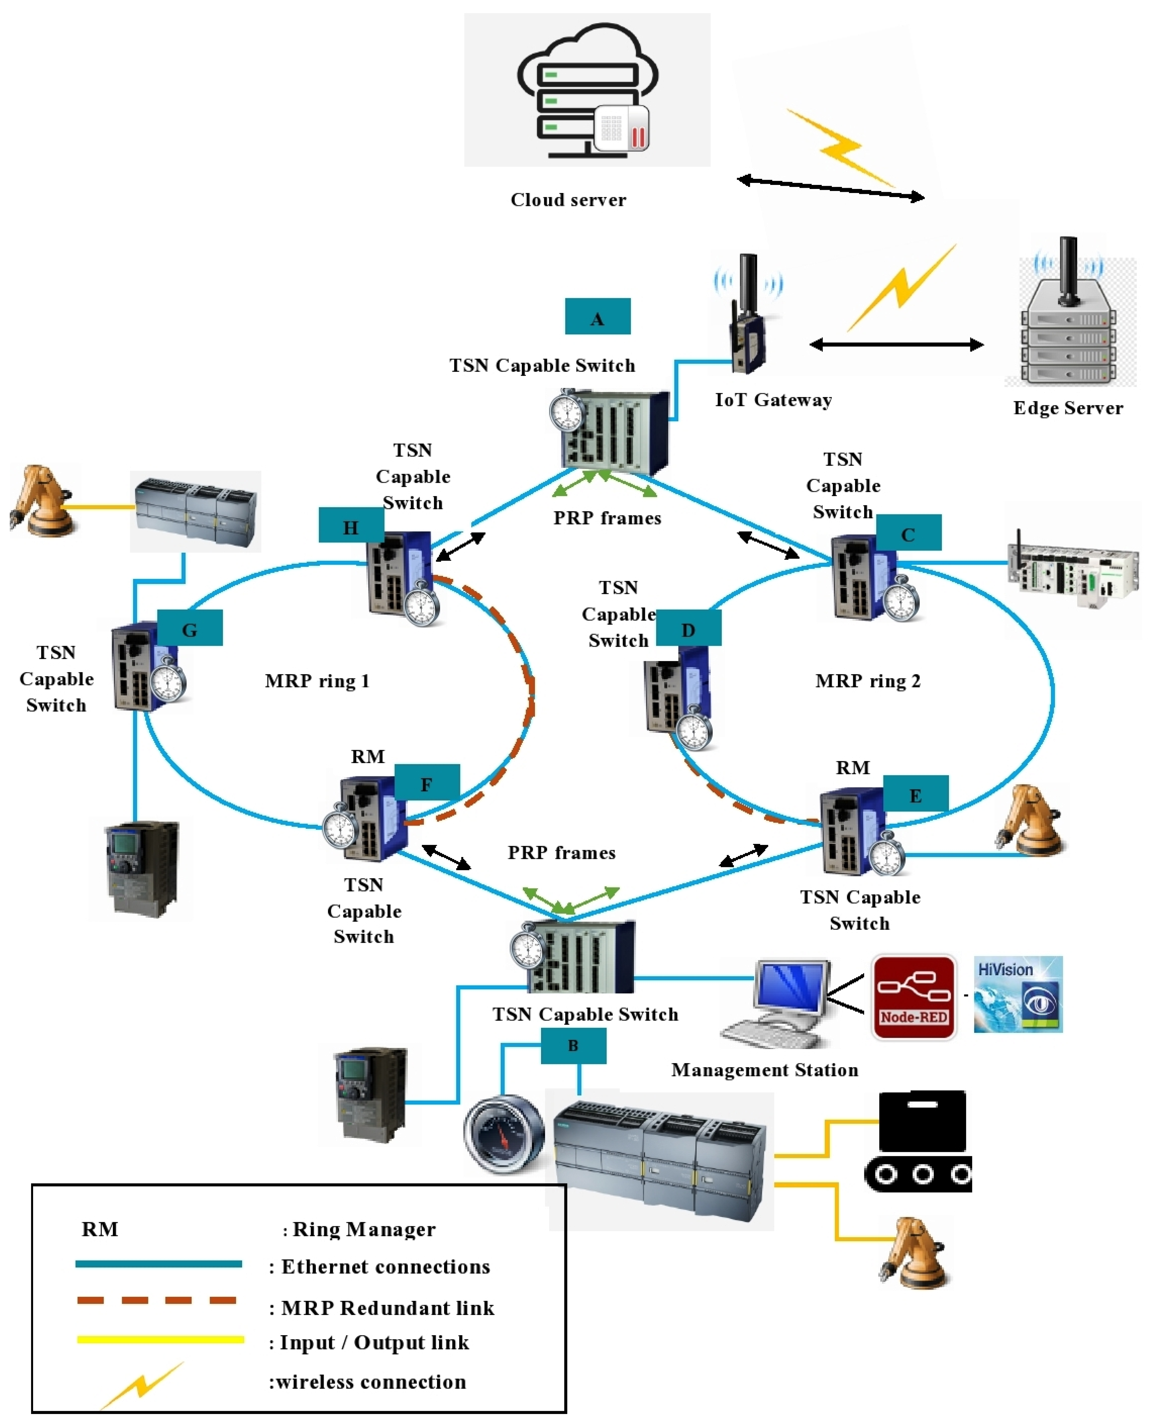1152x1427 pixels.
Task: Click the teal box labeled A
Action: pyautogui.click(x=597, y=317)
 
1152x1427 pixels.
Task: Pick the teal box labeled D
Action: pyautogui.click(x=688, y=628)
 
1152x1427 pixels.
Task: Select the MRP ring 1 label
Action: pyautogui.click(x=317, y=681)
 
